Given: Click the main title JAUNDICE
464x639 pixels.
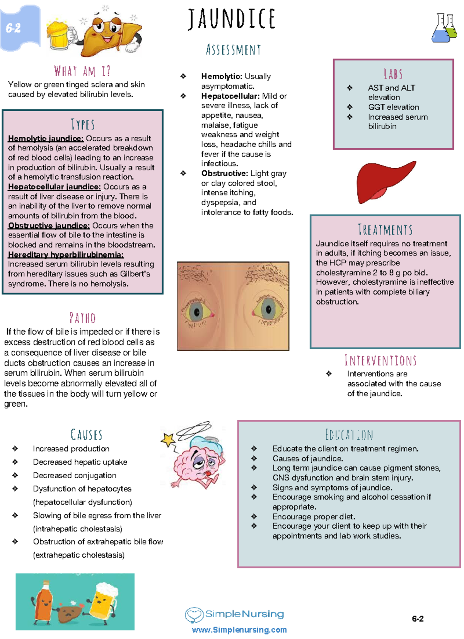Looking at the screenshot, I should (x=232, y=19).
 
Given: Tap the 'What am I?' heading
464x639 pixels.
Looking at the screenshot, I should (x=82, y=71).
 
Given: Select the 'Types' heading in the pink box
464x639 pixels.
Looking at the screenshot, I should (x=83, y=124).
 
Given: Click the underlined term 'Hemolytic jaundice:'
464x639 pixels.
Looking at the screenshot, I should (x=46, y=139).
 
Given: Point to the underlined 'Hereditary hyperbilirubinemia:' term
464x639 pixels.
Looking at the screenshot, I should (x=66, y=255).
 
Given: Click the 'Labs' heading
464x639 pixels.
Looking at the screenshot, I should (x=393, y=74).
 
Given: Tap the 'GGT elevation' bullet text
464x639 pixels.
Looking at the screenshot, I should (x=393, y=107).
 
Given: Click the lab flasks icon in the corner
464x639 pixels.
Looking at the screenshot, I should (x=444, y=28).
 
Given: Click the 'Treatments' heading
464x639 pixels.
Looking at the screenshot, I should (x=385, y=230).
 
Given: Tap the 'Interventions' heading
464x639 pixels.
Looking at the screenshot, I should (x=380, y=361).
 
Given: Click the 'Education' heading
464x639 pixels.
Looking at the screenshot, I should (x=349, y=435).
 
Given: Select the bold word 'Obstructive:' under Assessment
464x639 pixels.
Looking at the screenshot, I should (x=224, y=173).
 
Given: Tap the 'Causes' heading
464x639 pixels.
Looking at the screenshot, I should (x=86, y=435).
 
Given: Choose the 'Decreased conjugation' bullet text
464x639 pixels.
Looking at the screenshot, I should (x=75, y=476).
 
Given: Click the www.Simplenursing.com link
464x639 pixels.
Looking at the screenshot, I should (x=239, y=630).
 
